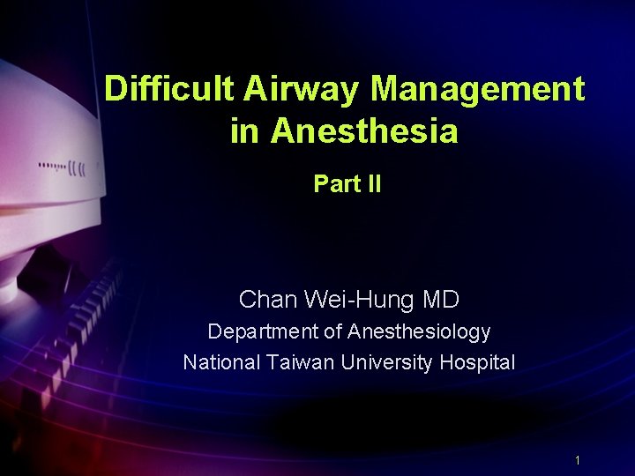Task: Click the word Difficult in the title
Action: pyautogui.click(x=168, y=89)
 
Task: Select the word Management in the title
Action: pyautogui.click(x=477, y=89)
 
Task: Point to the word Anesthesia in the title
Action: pyautogui.click(x=364, y=131)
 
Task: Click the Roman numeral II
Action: pyautogui.click(x=373, y=184)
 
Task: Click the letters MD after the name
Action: pyautogui.click(x=441, y=301)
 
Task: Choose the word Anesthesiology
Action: pyautogui.click(x=419, y=333)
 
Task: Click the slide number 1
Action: pyautogui.click(x=577, y=460)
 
